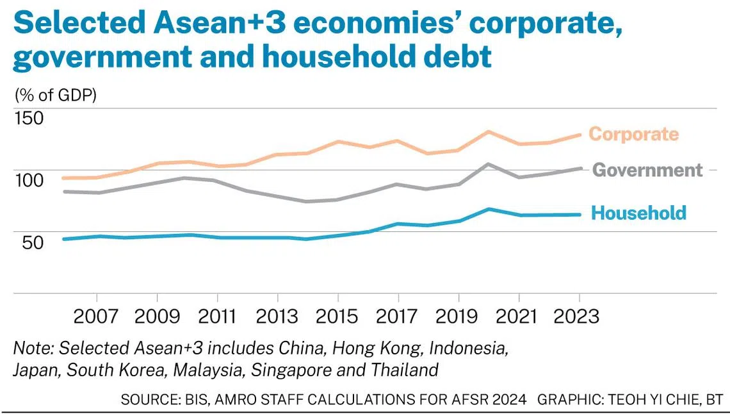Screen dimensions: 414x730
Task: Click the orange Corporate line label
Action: (x=633, y=134)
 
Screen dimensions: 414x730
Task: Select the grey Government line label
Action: (x=647, y=170)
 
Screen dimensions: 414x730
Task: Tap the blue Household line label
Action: (x=638, y=213)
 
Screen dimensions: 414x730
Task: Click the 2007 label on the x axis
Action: (x=96, y=316)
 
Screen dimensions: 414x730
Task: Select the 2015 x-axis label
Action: (x=338, y=316)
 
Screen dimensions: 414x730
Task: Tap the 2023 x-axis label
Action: (x=580, y=316)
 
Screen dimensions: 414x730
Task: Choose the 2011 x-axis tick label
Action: (x=217, y=316)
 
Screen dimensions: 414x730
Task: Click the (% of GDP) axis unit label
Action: (x=55, y=96)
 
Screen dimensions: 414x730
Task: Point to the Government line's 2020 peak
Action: (x=489, y=164)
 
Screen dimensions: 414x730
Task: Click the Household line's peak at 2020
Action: (x=489, y=209)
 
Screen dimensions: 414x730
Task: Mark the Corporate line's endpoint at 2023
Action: (x=580, y=135)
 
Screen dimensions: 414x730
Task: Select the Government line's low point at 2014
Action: (x=307, y=201)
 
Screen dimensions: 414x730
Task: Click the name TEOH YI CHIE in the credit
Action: (x=647, y=400)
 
